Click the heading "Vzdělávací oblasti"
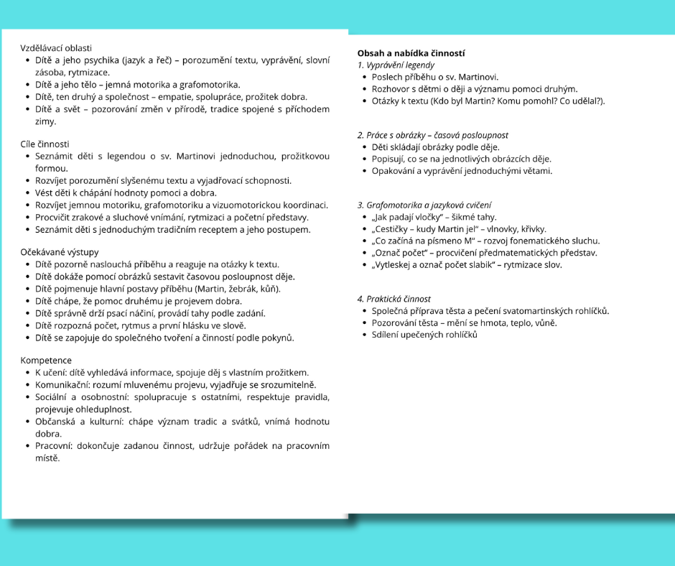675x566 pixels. [x=56, y=47]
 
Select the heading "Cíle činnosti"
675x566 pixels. [x=45, y=144]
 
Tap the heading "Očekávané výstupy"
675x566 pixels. [x=60, y=252]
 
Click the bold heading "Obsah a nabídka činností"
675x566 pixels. [x=411, y=53]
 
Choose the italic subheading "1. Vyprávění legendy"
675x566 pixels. [x=396, y=65]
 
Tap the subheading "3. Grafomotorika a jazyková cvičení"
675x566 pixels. [x=424, y=205]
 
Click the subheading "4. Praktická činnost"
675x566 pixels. [x=394, y=299]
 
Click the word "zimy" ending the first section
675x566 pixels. [x=46, y=121]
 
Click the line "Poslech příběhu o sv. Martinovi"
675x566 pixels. [x=434, y=77]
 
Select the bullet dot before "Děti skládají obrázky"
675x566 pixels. [x=365, y=147]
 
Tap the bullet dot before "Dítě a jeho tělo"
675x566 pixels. [x=27, y=84]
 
